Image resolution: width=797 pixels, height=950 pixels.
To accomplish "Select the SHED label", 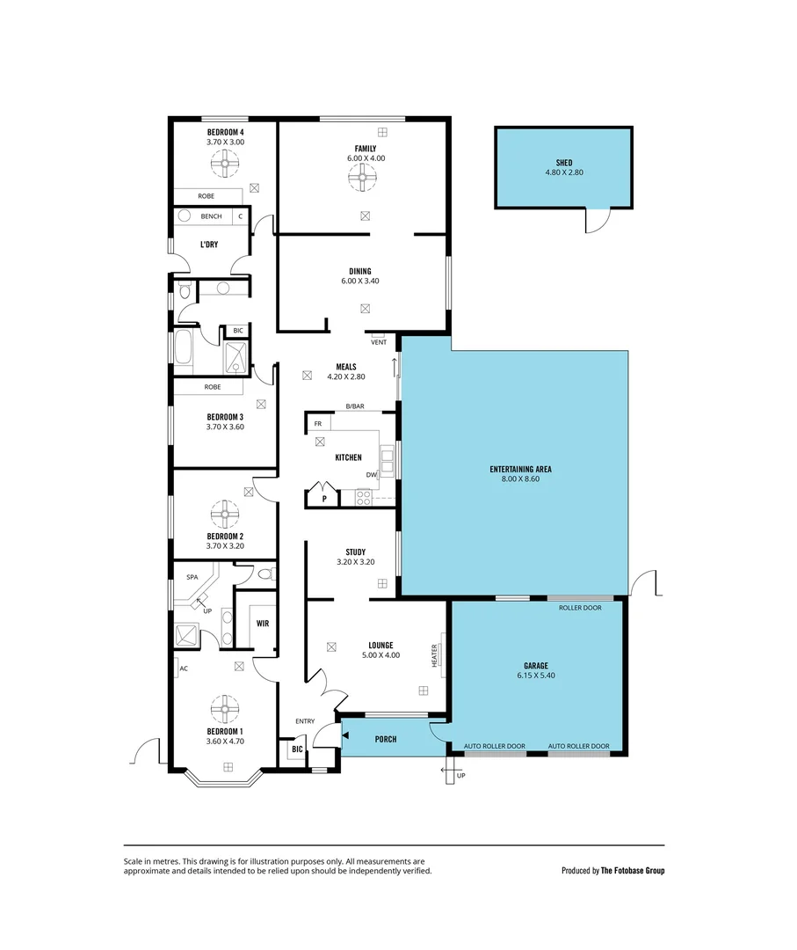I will (x=563, y=163).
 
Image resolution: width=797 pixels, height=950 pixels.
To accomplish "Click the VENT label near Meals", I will (x=378, y=342).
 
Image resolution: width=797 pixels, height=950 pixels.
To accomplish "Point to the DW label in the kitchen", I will (x=372, y=475).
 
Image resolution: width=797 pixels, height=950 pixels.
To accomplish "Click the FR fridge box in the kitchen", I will (x=318, y=423).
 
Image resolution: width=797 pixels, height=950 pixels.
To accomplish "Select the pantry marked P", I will (x=323, y=498).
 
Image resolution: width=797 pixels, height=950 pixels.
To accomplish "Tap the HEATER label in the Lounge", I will (x=434, y=656).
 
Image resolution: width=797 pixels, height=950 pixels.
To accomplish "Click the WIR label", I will (x=262, y=623).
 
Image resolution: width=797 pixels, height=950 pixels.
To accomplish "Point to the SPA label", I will (x=192, y=577).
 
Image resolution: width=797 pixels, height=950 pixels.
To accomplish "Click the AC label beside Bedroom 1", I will (x=184, y=669).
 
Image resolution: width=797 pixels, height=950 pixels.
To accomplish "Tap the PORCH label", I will (x=385, y=739).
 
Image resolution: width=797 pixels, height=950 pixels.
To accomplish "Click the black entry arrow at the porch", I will (x=345, y=735).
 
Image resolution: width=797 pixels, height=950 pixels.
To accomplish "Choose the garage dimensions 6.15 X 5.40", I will (x=536, y=676).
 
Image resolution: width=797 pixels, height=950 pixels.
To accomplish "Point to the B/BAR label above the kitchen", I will (x=355, y=406).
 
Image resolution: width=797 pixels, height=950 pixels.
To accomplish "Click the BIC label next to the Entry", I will (x=296, y=750).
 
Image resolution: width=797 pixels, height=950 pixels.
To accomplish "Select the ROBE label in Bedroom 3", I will (x=212, y=387).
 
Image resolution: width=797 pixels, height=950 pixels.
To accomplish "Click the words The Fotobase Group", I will (x=633, y=871).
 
